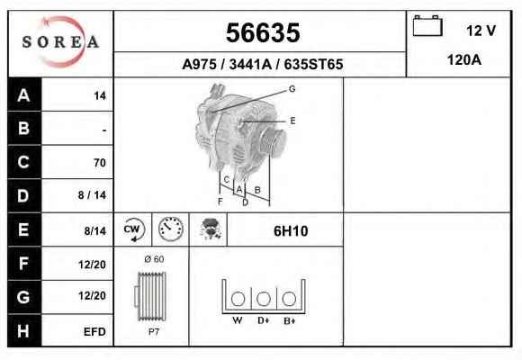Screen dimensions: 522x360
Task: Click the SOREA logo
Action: pos(60,42)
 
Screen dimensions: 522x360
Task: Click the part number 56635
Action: pos(263,32)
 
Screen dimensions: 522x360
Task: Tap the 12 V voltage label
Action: pos(481,31)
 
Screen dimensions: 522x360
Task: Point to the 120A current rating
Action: pos(464,60)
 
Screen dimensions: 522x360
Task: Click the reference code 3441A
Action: pos(250,64)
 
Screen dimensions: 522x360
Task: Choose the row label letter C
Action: pos(23,162)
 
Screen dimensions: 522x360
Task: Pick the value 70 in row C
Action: pos(100,163)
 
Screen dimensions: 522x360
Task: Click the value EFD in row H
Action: pos(94,332)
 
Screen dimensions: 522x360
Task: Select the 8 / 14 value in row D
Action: pos(92,195)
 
